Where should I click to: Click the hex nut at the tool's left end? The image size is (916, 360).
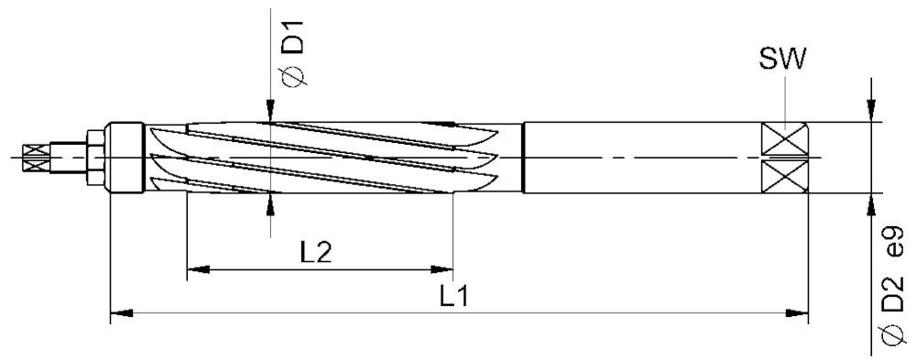(94, 157)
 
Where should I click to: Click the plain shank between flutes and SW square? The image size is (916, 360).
(641, 158)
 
